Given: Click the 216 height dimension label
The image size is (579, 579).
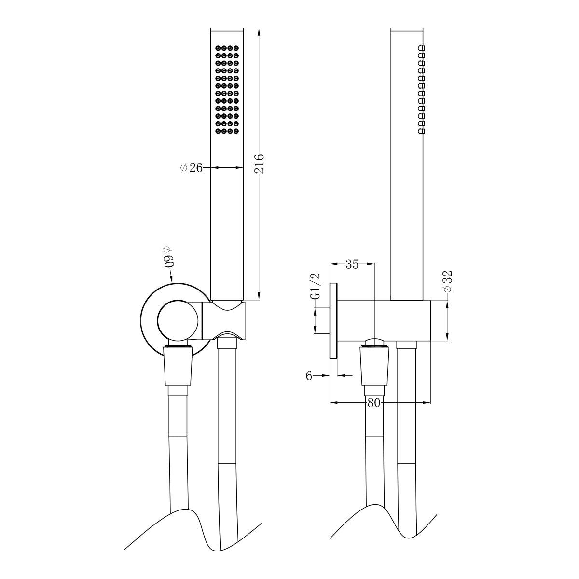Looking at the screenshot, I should click(259, 164).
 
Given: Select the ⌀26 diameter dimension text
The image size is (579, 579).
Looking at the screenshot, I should click(191, 168).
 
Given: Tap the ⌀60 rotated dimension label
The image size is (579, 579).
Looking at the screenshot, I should click(168, 256).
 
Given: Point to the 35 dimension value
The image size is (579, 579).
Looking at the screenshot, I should click(352, 264).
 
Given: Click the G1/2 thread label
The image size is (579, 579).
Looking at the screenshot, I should click(315, 287).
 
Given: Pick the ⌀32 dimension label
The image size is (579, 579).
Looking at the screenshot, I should click(447, 281).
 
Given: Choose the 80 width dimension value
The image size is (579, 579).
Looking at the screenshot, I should click(374, 403).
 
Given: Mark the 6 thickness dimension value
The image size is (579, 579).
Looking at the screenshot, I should click(309, 376).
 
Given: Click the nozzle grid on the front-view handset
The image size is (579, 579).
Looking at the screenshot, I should click(227, 90).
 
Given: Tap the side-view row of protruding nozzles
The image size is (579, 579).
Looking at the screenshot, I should click(422, 90).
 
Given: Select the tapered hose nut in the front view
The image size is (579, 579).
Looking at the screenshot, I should click(178, 367).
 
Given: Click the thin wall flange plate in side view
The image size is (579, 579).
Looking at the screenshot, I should click(333, 321).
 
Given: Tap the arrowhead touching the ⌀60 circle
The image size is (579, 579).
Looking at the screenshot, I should click(172, 280).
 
